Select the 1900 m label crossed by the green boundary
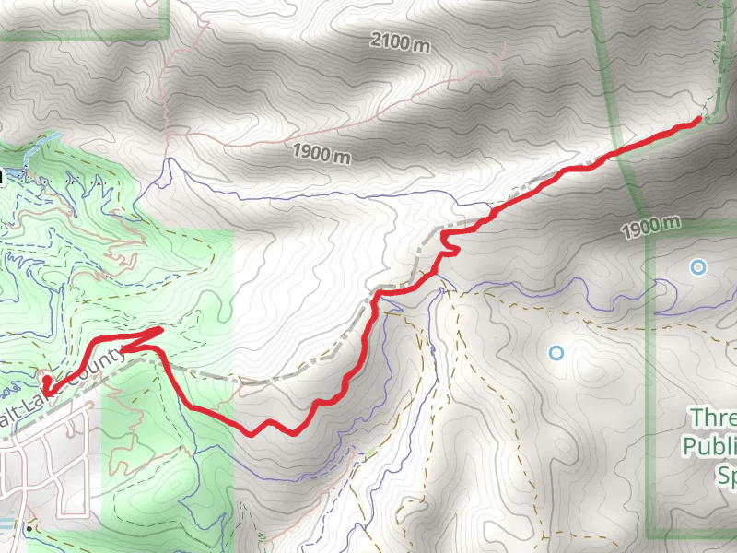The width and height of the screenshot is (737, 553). tap(649, 225)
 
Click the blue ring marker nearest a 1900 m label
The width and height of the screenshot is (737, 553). tap(698, 267)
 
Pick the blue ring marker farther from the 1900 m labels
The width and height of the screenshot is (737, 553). tap(556, 353)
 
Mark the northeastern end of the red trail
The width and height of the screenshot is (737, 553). tap(699, 119)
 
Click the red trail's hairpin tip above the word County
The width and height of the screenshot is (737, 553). tap(161, 329)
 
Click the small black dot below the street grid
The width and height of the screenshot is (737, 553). tap(29, 530)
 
